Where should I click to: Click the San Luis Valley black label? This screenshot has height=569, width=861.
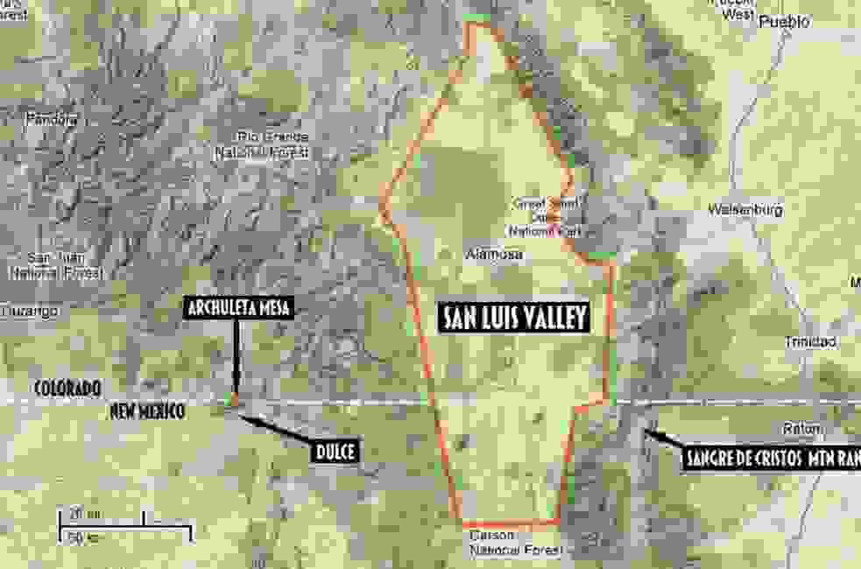pyautogui.click(x=513, y=317)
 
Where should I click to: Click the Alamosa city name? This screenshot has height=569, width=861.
pyautogui.click(x=495, y=255)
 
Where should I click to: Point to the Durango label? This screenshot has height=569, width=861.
pyautogui.click(x=30, y=311)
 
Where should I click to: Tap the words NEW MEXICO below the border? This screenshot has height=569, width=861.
pyautogui.click(x=147, y=411)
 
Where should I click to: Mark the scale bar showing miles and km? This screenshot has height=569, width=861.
pyautogui.click(x=123, y=523)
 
